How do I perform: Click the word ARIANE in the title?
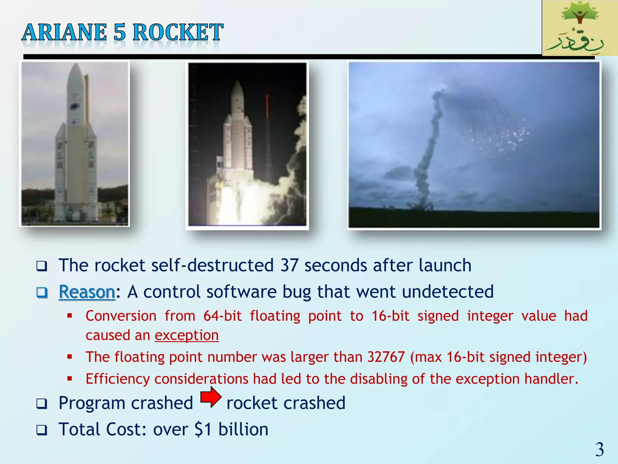click(64, 33)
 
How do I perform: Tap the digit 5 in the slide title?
click(119, 33)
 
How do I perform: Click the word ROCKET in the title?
click(178, 33)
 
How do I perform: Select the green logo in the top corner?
click(579, 28)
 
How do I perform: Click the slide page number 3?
click(599, 449)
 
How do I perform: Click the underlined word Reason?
click(87, 292)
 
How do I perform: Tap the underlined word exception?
click(186, 335)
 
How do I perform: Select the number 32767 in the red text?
click(386, 357)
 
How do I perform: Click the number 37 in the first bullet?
click(289, 265)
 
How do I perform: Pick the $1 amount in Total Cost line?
click(203, 429)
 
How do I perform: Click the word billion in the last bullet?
click(243, 429)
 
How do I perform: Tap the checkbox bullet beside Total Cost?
click(42, 430)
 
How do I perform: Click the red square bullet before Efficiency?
click(70, 378)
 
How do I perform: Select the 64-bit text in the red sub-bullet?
click(222, 316)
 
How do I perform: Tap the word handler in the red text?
click(549, 379)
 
